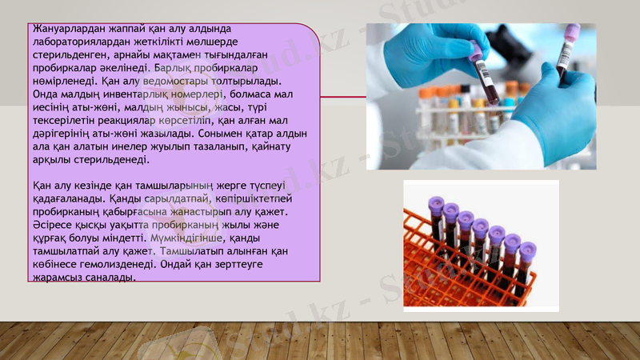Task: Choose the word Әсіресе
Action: coord(47,225)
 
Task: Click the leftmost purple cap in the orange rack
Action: coord(436,204)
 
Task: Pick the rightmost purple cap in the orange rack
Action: coord(527,249)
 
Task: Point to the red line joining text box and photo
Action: coord(343,97)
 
